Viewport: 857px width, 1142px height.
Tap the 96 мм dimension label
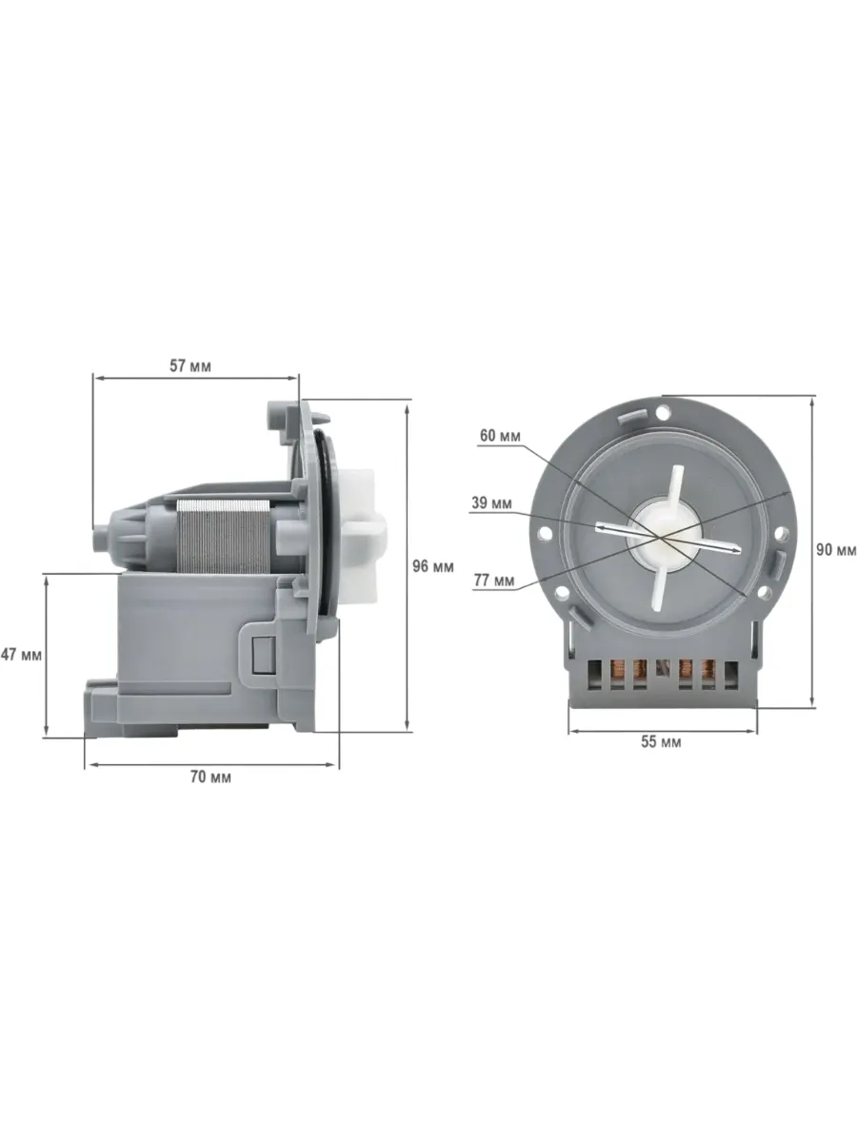coord(434,567)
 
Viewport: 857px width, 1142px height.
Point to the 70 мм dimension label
coord(211,778)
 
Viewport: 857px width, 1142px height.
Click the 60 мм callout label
coord(499,436)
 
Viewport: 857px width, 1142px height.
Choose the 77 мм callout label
coord(494,580)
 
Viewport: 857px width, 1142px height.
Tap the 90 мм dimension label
coord(838,549)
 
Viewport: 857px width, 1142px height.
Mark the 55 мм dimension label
coord(661,742)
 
